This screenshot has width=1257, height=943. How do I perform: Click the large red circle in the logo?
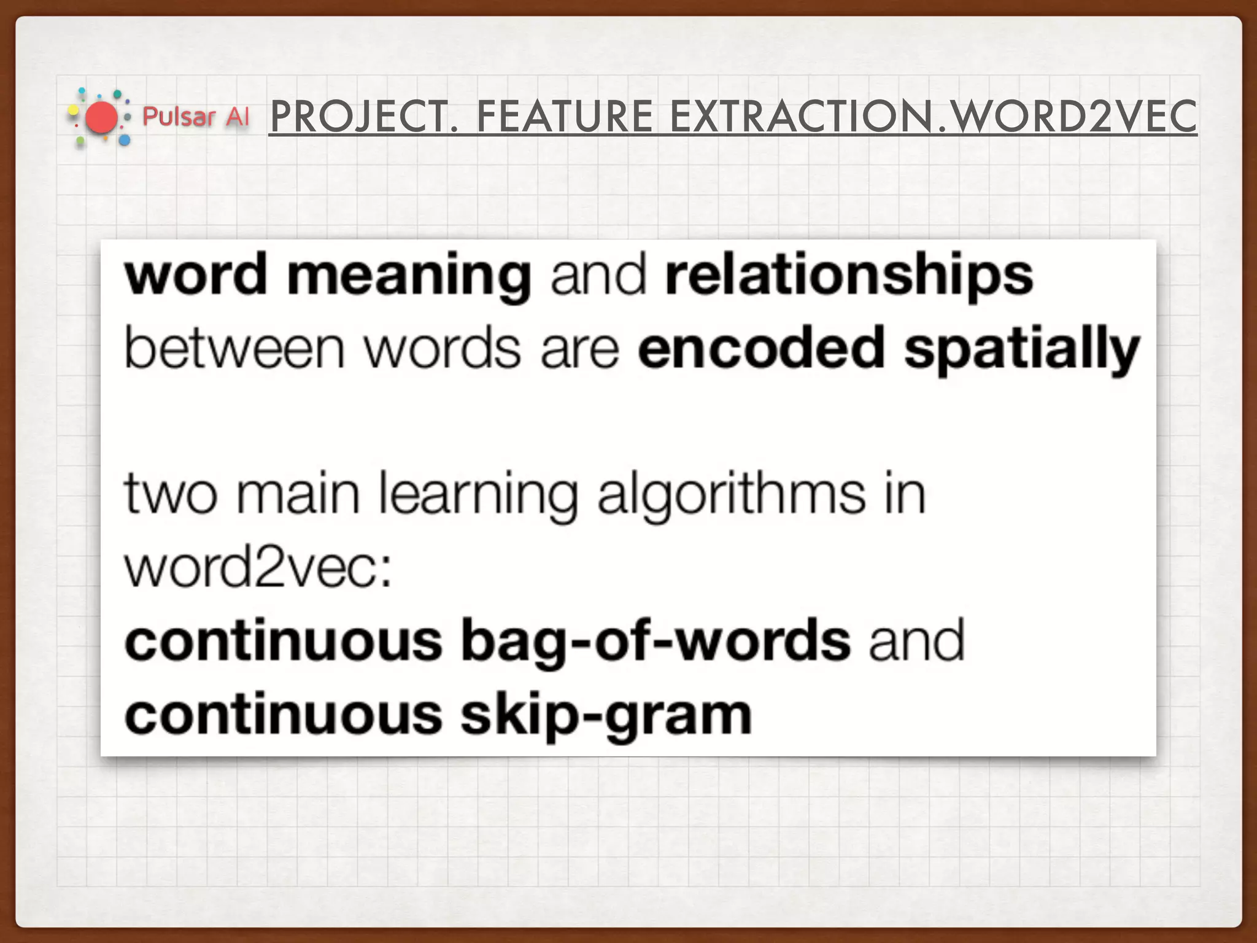(x=101, y=118)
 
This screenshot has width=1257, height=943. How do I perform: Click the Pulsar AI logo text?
(x=196, y=117)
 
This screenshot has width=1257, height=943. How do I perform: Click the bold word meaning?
(x=409, y=276)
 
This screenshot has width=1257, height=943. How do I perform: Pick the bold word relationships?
(x=849, y=276)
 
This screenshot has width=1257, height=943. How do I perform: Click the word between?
(x=234, y=349)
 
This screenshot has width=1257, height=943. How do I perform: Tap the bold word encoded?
(x=760, y=349)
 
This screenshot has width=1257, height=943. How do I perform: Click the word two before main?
(x=171, y=494)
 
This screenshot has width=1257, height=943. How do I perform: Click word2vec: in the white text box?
(x=258, y=568)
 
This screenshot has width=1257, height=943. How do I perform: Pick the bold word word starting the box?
(x=196, y=276)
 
